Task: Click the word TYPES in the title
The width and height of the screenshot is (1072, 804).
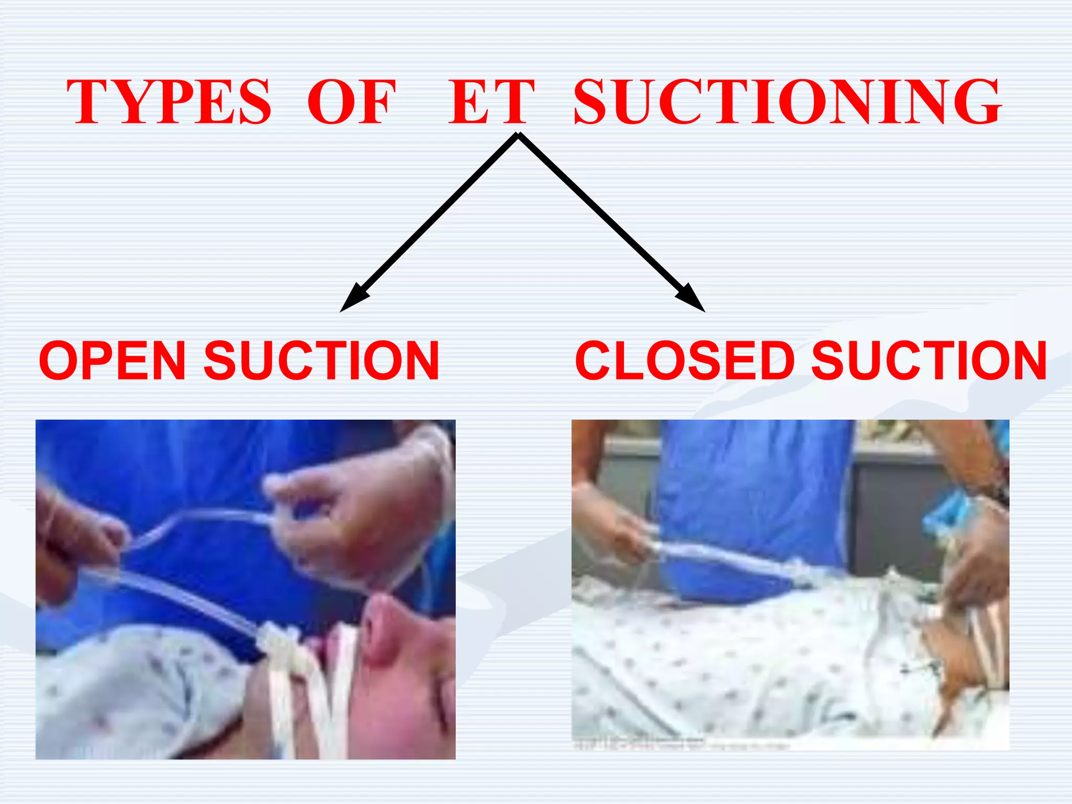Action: (169, 102)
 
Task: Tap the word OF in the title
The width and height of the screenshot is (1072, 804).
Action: (351, 102)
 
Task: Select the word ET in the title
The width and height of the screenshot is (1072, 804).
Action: (491, 102)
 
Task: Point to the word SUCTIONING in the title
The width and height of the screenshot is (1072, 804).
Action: (787, 102)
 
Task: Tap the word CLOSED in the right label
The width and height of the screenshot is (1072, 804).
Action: (685, 361)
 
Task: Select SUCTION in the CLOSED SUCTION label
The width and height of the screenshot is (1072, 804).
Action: (929, 361)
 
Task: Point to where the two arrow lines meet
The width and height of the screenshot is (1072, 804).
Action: (518, 136)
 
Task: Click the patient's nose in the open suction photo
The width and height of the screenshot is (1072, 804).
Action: (382, 631)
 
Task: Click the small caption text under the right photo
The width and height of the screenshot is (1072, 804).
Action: (680, 745)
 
